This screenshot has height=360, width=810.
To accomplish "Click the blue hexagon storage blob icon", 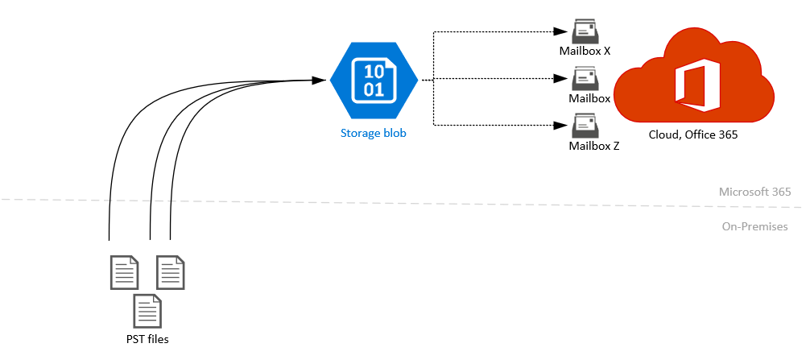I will pyautogui.click(x=374, y=80).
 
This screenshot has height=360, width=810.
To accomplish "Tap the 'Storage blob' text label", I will pyautogui.click(x=373, y=133).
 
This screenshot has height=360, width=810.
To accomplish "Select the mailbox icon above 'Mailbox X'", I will pyautogui.click(x=585, y=31).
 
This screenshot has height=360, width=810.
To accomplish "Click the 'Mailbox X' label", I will pyautogui.click(x=585, y=51).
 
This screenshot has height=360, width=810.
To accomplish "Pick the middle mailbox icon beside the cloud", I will pyautogui.click(x=585, y=79).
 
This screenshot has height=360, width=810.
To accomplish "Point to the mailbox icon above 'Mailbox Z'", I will pyautogui.click(x=585, y=126).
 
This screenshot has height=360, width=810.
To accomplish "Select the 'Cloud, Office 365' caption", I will pyautogui.click(x=693, y=134).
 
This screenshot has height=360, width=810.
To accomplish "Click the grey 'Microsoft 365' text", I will pyautogui.click(x=755, y=192).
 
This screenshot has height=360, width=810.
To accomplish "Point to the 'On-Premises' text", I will pyautogui.click(x=755, y=227).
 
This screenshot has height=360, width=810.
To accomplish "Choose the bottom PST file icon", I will pyautogui.click(x=147, y=311).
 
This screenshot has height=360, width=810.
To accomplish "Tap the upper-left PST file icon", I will pyautogui.click(x=123, y=272).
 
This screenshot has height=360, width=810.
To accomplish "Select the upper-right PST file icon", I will pyautogui.click(x=170, y=272).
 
